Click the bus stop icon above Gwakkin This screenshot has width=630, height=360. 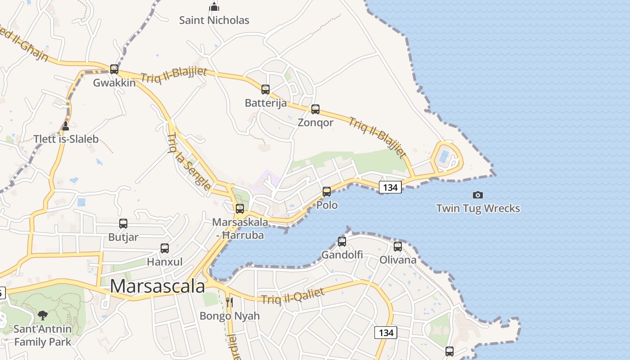coord(114,69)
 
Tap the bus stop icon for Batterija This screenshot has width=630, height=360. coord(265,90)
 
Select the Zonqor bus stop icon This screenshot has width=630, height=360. coord(315,109)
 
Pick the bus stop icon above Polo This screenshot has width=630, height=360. coord(327,192)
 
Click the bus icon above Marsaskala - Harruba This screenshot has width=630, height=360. coord(240,209)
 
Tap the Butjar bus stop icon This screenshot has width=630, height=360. coord(123,224)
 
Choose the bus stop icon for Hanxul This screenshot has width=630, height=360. coord(165,248)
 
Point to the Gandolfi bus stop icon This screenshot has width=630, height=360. coord(342,242)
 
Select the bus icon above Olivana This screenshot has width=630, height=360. coord(398,247)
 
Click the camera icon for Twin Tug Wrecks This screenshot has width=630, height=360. coord(478,195)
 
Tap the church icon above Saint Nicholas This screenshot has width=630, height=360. coord(214,7)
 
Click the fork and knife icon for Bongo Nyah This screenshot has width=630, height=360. coord(229,302)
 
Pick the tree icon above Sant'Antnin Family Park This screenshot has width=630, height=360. coord(43,315)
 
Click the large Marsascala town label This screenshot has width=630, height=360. coord(157,287)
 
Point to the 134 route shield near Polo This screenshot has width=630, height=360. coord(390,187)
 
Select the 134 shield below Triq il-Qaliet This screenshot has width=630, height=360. coord(386,333)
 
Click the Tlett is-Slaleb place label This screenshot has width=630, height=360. coord(66,139)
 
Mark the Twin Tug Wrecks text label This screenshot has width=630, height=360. coord(478,208)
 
